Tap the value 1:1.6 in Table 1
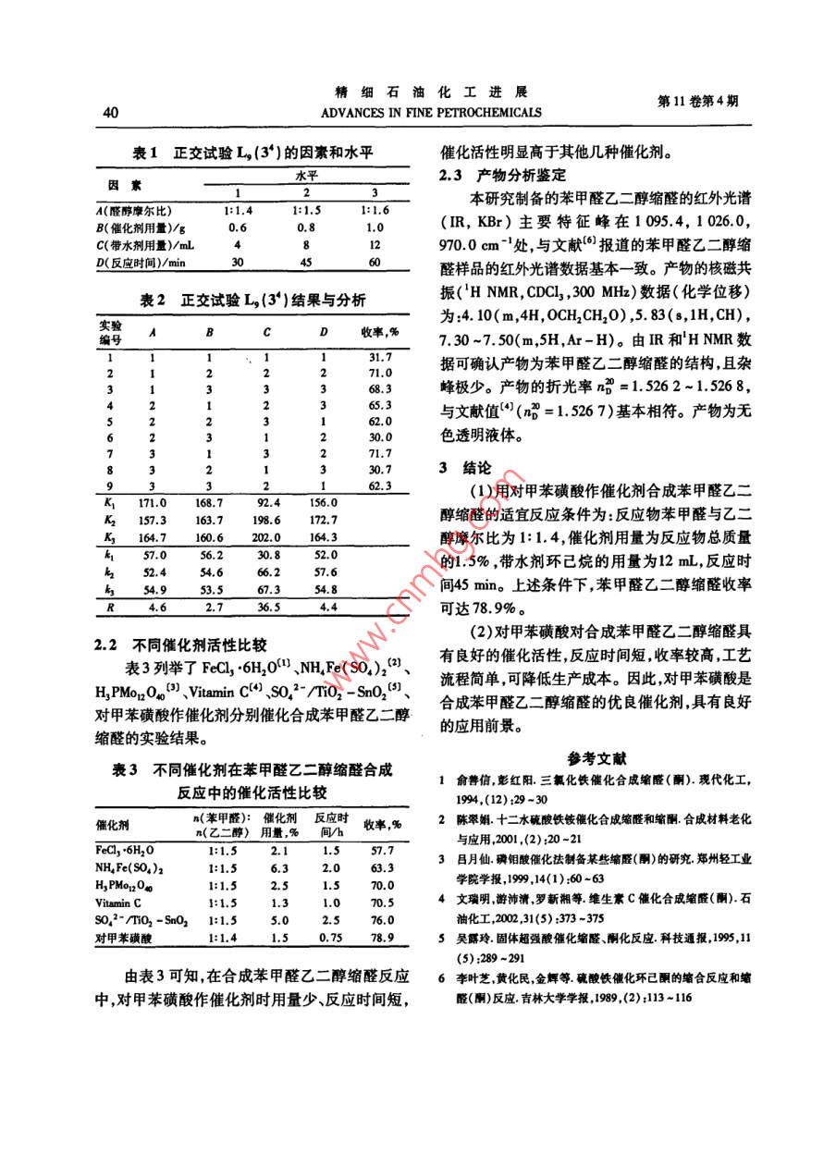[x=373, y=212]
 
